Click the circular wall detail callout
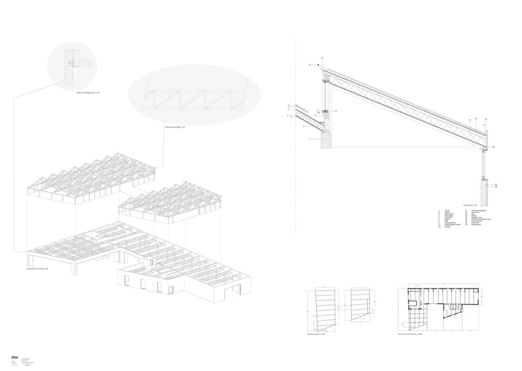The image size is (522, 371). pos(73,66)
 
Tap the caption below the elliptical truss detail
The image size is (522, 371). pos(175,127)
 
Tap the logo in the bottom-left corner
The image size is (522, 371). pos(14,359)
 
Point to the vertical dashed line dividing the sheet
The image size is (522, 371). pos(296,136)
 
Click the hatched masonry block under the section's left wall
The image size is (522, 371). pos(326,140)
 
